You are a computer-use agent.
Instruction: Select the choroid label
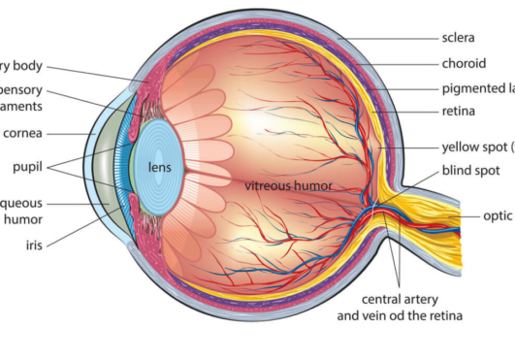tap(464, 63)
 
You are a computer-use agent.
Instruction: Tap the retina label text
tap(460, 112)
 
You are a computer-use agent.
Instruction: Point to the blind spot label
tap(470, 170)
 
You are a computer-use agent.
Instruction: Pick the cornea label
tap(22, 133)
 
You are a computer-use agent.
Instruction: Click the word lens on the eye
tap(160, 167)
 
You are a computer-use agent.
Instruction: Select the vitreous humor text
tap(289, 184)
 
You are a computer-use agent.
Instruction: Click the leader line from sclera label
tap(388, 39)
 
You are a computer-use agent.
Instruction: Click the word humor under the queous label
tap(22, 219)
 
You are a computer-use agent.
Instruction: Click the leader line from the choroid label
tap(398, 63)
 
